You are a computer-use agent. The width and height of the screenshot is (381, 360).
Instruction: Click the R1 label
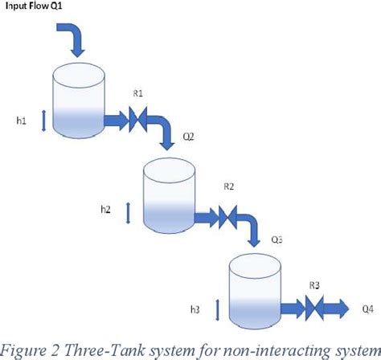pos(137,93)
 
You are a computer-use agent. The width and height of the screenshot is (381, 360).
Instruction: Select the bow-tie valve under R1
pos(138,120)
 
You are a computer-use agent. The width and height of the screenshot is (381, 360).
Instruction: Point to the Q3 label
pos(276,239)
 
